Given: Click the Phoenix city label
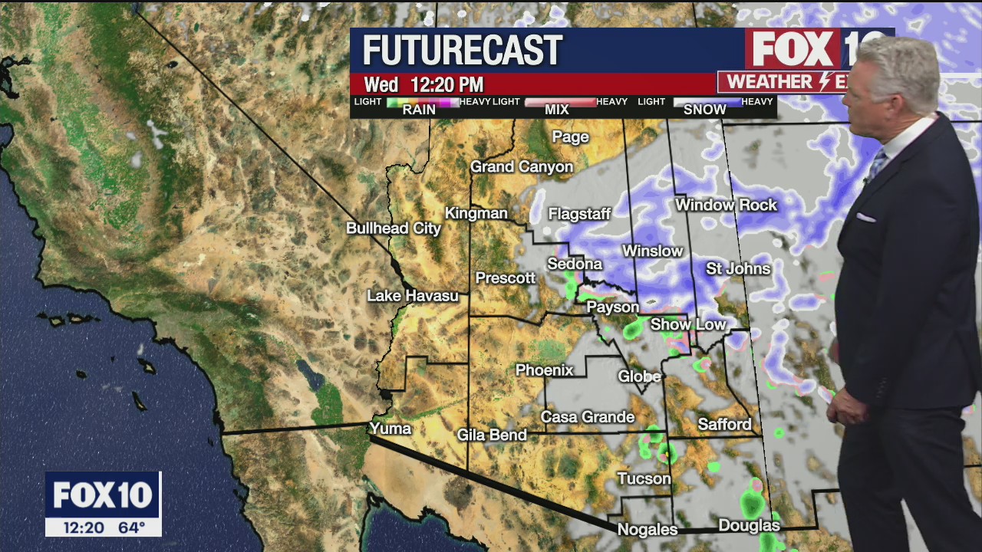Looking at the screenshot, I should point(544,370).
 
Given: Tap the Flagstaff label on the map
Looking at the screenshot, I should point(579,214).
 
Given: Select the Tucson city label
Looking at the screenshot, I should point(644,479).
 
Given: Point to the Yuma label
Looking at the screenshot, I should point(390,429).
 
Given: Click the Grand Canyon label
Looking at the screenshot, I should point(522,166).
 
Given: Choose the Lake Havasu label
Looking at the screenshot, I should point(412,296).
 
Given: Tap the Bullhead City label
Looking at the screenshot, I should point(394,228).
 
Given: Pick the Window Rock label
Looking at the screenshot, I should point(726,205).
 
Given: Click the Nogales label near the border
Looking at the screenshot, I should point(648,530).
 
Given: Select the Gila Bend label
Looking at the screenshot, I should point(492,435).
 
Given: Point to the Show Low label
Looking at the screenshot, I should point(688,324).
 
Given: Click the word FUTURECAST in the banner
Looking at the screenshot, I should point(463,51).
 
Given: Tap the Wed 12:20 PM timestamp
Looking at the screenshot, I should point(423,84).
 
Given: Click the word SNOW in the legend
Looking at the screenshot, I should point(704,110).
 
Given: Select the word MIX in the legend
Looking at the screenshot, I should point(556,110).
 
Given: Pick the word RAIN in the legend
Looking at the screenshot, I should point(419,110).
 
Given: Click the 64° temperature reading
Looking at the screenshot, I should point(132,527).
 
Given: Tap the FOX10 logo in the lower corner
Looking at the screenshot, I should point(103,495).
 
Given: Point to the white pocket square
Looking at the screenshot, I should point(865,218).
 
